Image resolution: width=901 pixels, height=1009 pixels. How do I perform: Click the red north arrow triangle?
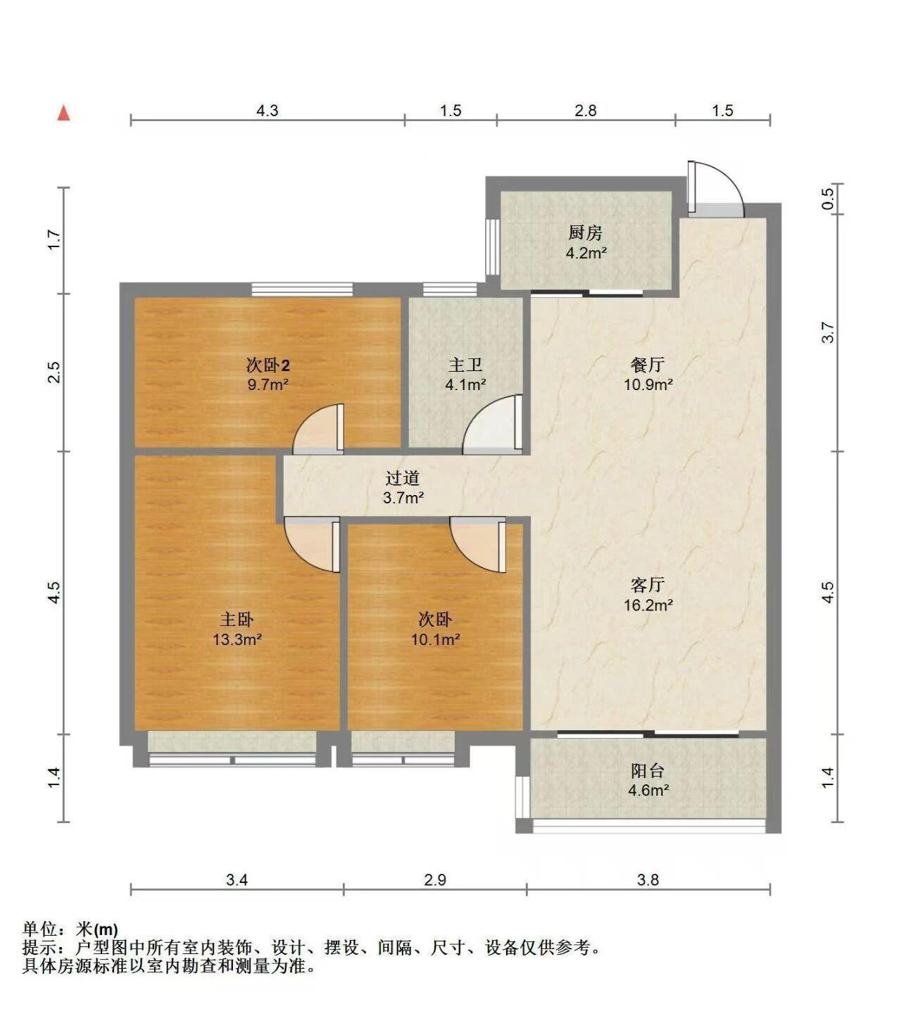point(64,113)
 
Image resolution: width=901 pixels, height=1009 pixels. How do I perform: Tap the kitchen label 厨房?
point(586,232)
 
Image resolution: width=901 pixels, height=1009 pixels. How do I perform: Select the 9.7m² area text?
point(268,384)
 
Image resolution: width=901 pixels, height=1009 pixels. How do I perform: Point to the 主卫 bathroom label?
point(465,365)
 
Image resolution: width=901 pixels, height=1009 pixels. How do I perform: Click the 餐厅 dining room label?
point(648,365)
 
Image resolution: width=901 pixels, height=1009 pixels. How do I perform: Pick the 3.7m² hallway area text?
point(403,497)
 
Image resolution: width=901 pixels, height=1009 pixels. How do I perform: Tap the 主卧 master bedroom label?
point(237,620)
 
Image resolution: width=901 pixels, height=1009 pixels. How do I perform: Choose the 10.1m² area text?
point(435,639)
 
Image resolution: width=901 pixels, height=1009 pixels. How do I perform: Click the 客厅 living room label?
point(648,584)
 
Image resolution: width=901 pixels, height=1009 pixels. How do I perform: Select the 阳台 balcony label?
point(648,771)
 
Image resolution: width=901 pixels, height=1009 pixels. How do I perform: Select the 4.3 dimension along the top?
point(267,110)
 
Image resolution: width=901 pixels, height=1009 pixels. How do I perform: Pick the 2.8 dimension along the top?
point(586,110)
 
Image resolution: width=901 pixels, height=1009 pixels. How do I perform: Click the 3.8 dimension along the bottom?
point(648,880)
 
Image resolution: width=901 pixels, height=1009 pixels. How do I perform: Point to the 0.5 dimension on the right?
point(827,199)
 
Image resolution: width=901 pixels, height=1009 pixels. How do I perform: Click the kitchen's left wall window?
point(492,246)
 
